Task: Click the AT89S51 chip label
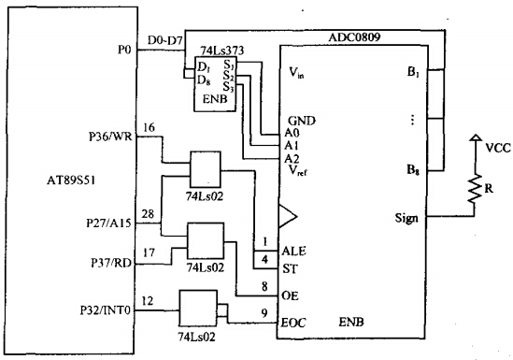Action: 71,180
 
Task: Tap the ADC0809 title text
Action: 354,37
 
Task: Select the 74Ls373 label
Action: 222,50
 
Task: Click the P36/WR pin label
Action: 110,137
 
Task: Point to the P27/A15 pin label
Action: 108,223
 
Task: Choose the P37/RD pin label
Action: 111,263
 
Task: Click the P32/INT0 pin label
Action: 106,310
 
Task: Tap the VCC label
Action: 498,148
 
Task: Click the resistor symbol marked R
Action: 475,188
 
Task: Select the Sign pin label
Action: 406,218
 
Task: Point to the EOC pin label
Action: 293,323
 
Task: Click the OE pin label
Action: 291,295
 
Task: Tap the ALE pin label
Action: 293,252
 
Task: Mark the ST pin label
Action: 291,269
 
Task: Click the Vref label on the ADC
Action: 298,170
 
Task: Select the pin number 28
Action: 148,214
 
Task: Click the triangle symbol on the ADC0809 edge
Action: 288,216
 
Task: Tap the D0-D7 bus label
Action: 165,40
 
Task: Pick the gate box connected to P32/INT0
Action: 198,308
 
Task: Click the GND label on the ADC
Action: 302,122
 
